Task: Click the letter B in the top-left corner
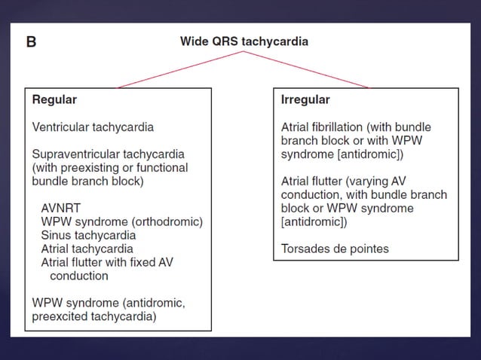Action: coord(31,42)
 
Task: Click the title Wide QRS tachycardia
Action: coord(244,41)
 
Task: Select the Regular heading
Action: coord(54,99)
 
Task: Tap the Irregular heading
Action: coord(305,99)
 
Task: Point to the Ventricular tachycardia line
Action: coord(93,127)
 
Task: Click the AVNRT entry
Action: coord(61,208)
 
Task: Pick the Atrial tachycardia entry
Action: coord(87,249)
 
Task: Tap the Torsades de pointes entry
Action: coord(335,248)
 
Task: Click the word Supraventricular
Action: coord(74,154)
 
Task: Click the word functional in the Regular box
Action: coord(161,167)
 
